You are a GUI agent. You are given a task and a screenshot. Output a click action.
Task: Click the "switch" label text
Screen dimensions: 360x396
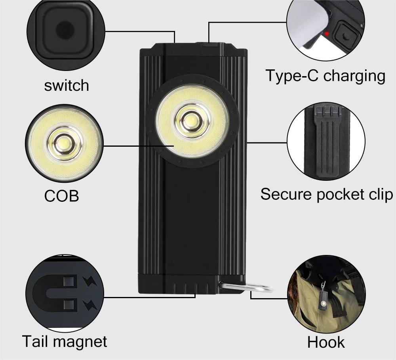tap(66, 85)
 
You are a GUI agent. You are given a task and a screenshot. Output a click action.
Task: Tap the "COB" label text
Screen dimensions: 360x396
tap(61, 196)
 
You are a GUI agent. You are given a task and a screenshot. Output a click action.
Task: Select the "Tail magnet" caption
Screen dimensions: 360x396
tap(64, 341)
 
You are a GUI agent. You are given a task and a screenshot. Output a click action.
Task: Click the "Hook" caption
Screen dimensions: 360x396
tap(326, 342)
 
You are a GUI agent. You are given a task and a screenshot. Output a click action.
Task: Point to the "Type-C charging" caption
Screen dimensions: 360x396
tap(325, 75)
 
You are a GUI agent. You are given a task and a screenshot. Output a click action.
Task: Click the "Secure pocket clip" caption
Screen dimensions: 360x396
tap(327, 194)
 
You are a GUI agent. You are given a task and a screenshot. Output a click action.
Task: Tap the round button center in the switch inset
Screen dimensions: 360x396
tap(65, 30)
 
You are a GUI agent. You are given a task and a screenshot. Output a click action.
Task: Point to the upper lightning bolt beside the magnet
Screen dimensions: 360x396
tap(89, 282)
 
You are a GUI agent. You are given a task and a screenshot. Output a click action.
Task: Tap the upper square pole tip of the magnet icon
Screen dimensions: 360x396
tap(69, 283)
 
